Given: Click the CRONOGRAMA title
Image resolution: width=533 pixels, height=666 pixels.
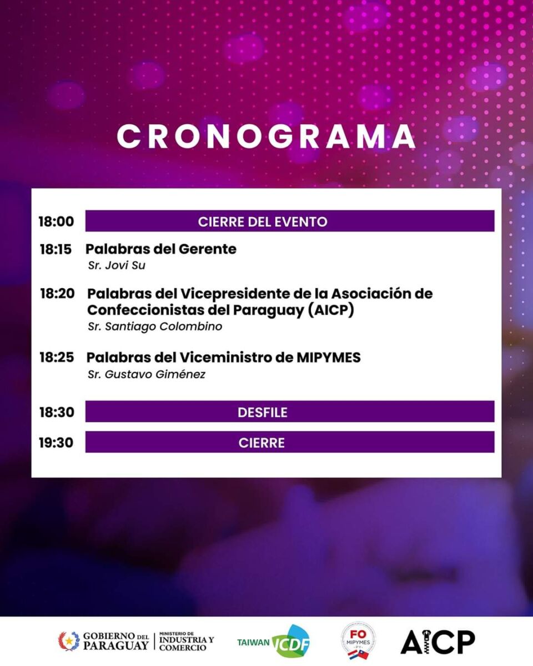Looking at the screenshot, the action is point(266,137).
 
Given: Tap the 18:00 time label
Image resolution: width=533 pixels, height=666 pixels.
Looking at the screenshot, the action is point(57,221).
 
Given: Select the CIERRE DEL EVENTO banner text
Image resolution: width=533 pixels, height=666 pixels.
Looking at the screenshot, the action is point(263,221).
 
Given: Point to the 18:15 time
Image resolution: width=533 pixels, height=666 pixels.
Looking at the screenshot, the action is point(56,249).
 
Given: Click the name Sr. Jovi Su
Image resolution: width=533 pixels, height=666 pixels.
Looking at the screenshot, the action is point(117,265).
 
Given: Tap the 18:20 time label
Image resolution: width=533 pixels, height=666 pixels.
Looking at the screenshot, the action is point(57,294).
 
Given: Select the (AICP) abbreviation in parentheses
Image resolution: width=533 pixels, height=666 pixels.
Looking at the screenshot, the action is point(331,310).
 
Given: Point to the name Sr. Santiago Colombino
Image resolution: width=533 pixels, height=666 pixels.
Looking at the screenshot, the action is point(155,326).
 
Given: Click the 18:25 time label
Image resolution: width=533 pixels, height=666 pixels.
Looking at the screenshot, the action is point(57,357).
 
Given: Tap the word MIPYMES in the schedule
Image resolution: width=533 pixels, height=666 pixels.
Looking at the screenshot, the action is point(329,357).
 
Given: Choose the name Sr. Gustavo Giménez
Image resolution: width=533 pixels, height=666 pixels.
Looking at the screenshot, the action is point(147,375).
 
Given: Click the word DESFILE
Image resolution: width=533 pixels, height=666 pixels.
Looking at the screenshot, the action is point(263,412).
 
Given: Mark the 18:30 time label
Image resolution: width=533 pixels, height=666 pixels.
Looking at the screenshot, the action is point(57,412).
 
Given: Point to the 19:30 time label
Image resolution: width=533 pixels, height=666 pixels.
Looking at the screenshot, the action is point(56,443).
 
